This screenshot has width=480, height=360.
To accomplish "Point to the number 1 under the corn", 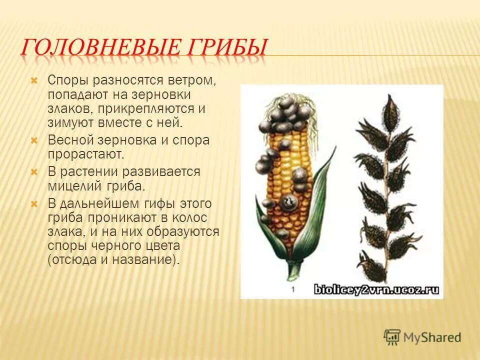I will coord(293,289).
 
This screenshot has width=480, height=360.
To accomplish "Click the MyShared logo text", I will coord(432,337).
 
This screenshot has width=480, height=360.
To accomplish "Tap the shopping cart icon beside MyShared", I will coord(392,336).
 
